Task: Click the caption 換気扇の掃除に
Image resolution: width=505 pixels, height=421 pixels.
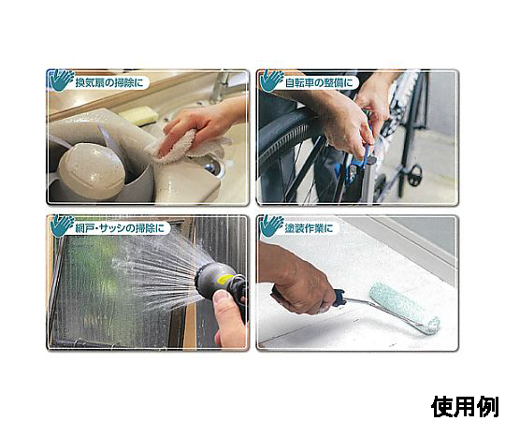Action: coord(109,82)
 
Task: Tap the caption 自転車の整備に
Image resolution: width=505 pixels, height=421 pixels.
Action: coord(319,82)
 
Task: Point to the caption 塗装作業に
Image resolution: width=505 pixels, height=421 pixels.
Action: coord(309,228)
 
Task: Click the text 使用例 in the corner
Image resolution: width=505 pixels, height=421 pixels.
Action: coord(465,407)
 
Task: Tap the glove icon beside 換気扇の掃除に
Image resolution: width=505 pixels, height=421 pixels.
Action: coord(61,80)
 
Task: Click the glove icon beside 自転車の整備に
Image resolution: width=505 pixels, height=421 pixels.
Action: coord(272,80)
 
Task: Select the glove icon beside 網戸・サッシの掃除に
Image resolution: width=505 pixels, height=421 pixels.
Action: coord(61,225)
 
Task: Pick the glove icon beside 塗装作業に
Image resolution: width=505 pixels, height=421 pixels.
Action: coord(272,225)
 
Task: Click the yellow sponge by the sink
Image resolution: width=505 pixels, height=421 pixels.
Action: coord(137,115)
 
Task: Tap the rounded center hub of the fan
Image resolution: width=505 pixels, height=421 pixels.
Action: coord(91,170)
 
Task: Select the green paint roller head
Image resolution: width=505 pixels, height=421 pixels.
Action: coord(403,307)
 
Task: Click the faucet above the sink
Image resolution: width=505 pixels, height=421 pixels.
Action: coord(222,86)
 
